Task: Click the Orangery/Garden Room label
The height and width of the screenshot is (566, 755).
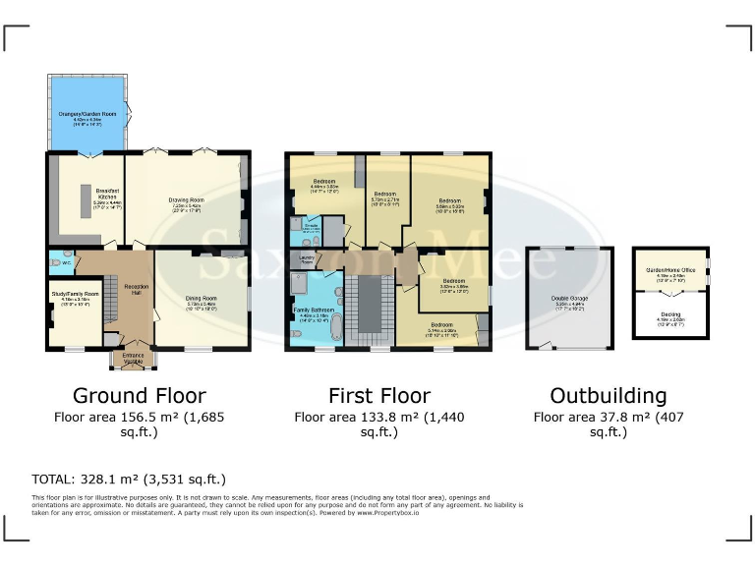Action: (87, 116)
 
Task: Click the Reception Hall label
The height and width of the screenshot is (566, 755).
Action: (136, 290)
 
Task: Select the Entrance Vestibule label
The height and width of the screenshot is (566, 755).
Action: (132, 360)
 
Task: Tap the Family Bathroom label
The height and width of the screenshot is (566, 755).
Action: (314, 312)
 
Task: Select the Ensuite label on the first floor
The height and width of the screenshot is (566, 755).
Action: (311, 228)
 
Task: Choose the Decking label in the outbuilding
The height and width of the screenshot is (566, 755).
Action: (668, 315)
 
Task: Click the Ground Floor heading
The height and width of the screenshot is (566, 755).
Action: (140, 396)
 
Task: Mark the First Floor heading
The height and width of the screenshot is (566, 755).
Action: (379, 396)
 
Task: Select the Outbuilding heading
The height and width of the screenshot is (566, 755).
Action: (608, 396)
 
